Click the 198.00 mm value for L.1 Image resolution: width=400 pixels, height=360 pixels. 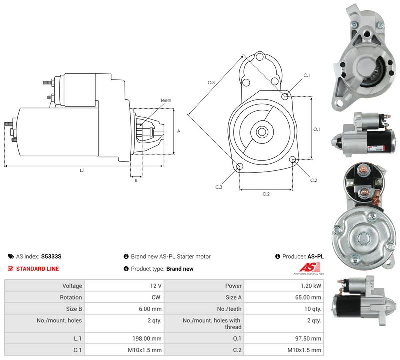click(x=147, y=339)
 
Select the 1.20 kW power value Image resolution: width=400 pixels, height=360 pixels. click(x=311, y=286)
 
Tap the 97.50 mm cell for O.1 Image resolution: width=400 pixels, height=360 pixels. click(x=308, y=339)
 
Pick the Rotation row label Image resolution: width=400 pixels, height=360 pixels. click(x=71, y=297)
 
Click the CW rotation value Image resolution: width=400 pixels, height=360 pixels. click(x=156, y=297)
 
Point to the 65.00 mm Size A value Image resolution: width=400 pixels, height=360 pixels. click(x=308, y=297)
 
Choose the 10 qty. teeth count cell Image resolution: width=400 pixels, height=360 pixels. click(x=313, y=309)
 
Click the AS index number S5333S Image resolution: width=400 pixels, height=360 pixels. click(x=51, y=256)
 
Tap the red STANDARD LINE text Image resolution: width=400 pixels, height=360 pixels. click(x=38, y=269)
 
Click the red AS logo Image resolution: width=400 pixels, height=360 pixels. click(x=309, y=267)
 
